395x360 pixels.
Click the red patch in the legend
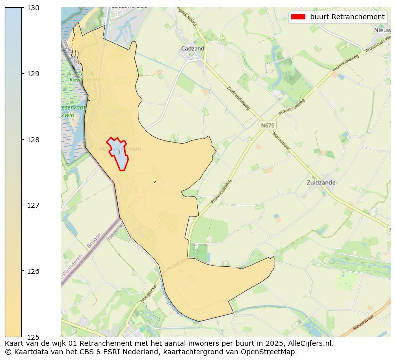[298, 17]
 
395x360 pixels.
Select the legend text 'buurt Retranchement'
[347, 17]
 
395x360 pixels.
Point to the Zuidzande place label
[321, 182]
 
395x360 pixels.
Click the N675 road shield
[267, 126]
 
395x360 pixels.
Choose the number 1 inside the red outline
[119, 152]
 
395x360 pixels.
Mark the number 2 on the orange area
[155, 181]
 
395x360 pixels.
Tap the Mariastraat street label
[281, 139]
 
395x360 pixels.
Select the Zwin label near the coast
[67, 115]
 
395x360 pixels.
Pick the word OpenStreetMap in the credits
[273, 352]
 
